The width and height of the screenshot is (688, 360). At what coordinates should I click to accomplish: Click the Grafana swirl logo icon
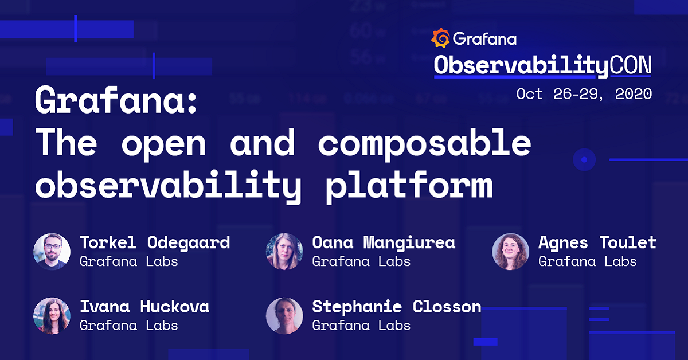[x=441, y=38]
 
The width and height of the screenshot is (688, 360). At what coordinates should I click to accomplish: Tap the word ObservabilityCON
[x=542, y=65]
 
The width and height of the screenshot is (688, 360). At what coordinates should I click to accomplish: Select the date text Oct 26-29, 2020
[x=584, y=93]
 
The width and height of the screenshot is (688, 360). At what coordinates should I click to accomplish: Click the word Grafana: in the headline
[x=116, y=102]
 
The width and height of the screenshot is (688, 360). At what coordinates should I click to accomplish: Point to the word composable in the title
[x=424, y=143]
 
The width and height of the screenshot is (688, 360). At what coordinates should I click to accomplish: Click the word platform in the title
[x=409, y=185]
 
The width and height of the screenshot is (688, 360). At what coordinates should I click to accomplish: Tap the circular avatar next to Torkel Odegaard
[x=52, y=251]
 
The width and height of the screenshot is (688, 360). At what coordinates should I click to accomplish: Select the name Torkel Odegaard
[x=155, y=242]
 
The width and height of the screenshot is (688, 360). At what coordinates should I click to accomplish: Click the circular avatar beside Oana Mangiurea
[x=284, y=251]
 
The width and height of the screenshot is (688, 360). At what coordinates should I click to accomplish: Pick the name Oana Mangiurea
[x=384, y=242]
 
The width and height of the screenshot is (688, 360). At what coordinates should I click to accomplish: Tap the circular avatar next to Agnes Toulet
[x=510, y=251]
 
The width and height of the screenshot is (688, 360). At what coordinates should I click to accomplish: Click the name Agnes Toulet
[x=597, y=242]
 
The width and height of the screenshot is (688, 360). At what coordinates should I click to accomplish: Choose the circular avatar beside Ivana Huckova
[x=52, y=316]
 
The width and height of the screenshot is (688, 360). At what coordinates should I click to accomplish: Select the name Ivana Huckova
[x=144, y=307]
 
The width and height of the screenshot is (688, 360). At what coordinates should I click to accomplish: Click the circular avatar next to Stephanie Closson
[x=284, y=316]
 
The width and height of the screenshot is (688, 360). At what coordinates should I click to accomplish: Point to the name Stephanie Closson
[x=396, y=307]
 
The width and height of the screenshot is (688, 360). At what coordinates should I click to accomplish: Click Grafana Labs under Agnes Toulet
[x=587, y=261]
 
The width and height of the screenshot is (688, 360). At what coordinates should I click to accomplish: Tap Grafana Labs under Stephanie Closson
[x=361, y=326]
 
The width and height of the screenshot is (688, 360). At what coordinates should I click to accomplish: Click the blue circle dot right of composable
[x=584, y=159]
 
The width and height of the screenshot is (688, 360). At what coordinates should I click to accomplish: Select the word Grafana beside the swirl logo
[x=484, y=39]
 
